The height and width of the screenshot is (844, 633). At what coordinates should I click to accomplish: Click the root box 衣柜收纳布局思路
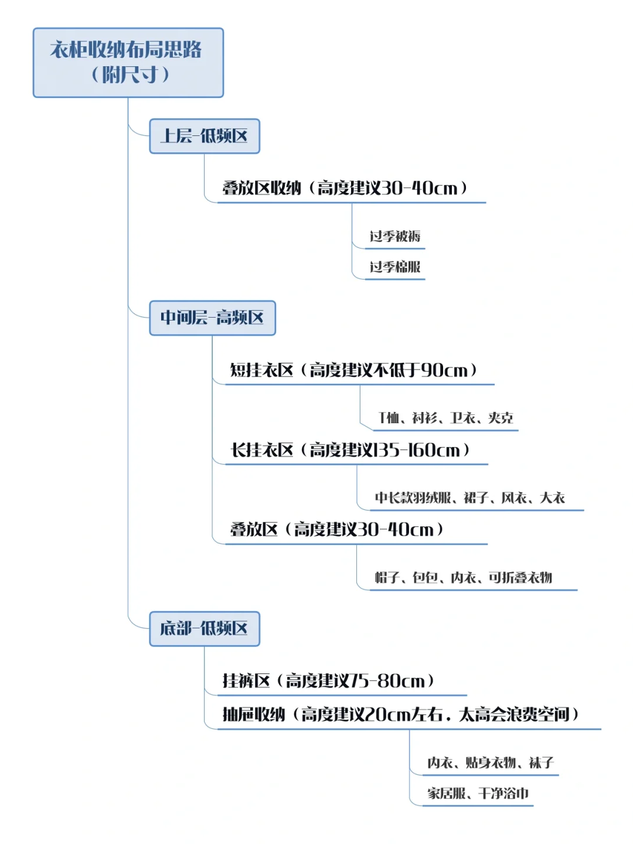128,62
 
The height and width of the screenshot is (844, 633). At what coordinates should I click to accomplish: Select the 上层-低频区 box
204,136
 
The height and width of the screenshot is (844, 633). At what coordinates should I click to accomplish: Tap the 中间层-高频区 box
212,318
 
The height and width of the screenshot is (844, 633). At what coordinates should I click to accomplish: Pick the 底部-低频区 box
204,628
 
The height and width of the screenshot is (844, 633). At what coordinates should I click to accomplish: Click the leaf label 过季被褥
394,236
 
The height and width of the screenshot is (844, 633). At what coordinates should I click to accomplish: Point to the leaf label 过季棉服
394,267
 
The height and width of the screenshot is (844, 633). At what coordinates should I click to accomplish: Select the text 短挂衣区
261,370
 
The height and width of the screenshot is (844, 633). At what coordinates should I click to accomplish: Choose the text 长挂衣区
261,450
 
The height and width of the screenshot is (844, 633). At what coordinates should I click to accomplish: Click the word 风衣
514,498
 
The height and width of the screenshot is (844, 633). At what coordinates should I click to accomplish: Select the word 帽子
387,578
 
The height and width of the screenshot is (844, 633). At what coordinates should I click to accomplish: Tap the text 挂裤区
246,681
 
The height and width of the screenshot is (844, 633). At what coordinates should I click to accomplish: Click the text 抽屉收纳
254,714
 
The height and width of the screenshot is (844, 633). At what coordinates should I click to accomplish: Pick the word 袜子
541,763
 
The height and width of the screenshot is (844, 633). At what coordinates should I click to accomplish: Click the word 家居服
447,794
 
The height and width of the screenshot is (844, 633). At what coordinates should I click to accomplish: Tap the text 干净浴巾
503,794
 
